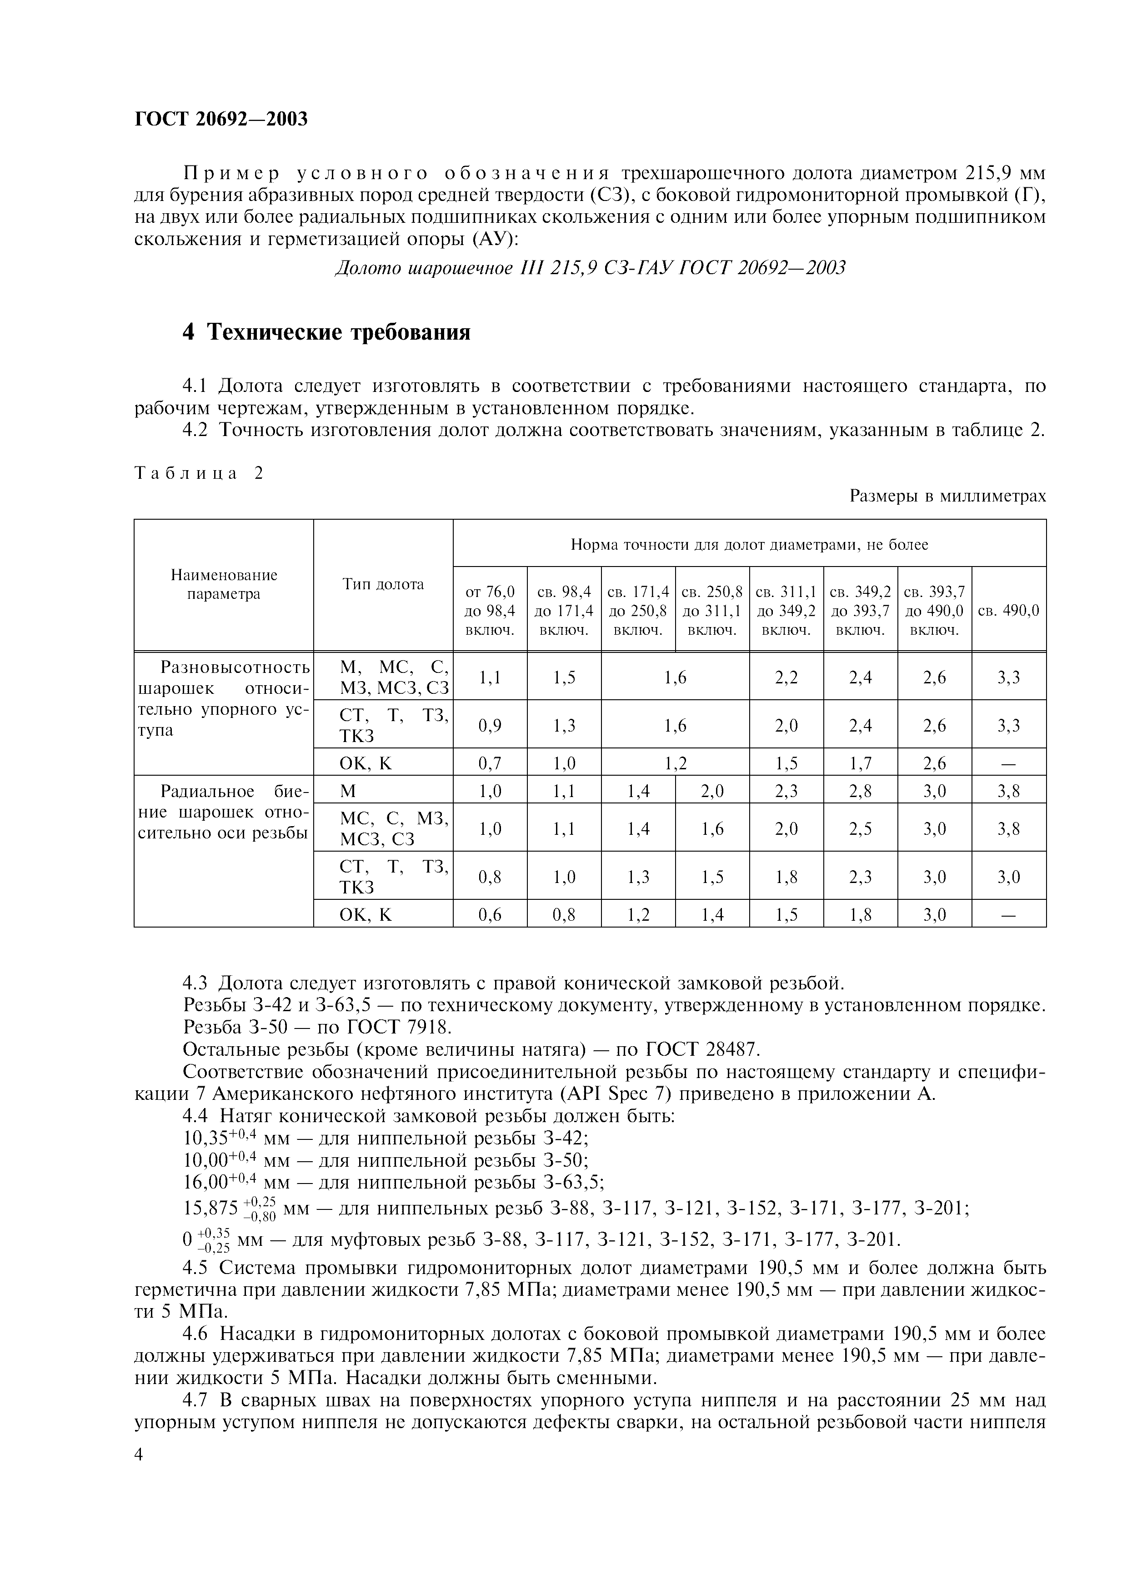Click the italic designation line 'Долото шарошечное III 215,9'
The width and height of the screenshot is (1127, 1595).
point(590,267)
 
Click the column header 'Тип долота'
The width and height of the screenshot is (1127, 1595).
point(383,584)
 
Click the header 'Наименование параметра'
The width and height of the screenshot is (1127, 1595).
point(224,584)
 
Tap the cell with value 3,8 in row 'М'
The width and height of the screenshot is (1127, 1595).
point(1008,791)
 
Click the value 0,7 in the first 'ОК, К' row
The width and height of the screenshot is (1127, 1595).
point(490,763)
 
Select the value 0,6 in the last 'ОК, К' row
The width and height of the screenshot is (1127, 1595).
point(490,915)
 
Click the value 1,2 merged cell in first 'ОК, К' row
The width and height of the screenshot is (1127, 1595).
point(675,763)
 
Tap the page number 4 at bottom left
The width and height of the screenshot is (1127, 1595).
point(139,1454)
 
